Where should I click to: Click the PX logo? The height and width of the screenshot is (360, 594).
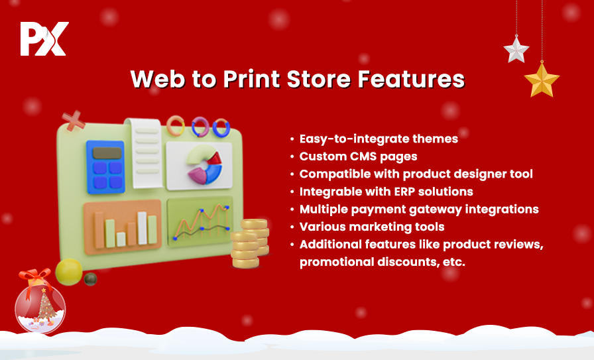click(44, 38)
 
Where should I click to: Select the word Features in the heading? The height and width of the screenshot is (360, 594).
click(411, 79)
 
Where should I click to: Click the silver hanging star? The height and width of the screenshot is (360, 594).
click(516, 49)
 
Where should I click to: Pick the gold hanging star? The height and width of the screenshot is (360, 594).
click(542, 80)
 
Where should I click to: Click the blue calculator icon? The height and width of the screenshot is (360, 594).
click(105, 166)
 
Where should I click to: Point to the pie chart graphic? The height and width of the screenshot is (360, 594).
click(204, 165)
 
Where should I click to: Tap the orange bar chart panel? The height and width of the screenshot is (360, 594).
click(123, 227)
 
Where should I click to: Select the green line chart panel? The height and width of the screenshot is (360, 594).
click(200, 221)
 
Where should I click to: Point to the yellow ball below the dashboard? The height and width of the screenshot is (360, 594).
click(69, 272)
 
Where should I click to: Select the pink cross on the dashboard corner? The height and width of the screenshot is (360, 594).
click(73, 121)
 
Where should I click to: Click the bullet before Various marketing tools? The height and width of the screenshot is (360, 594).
click(292, 227)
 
